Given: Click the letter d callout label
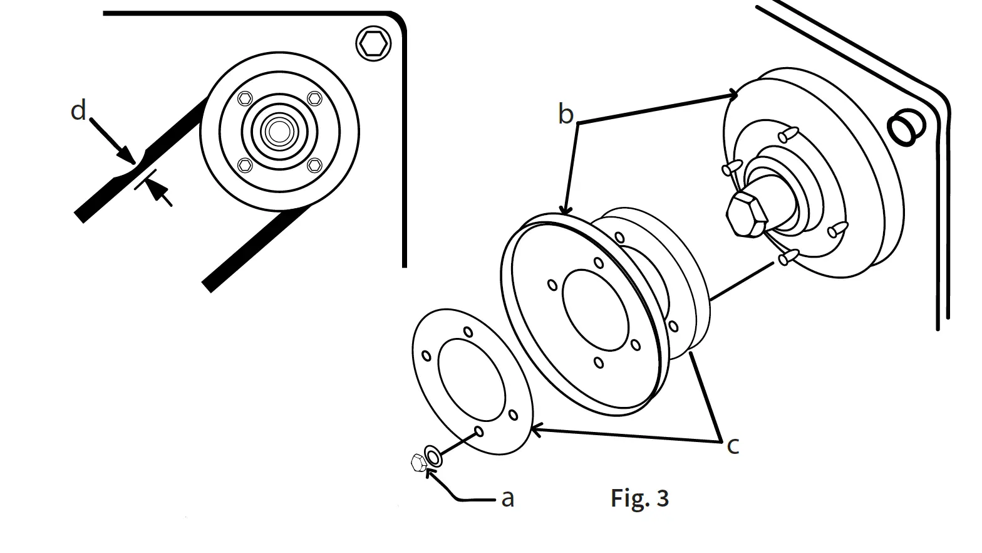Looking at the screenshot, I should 78,111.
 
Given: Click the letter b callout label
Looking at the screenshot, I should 566,115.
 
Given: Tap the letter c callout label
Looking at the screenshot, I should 733,446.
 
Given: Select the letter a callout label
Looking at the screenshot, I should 508,498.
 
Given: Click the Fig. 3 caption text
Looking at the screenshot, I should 639,498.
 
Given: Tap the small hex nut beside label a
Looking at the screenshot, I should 418,463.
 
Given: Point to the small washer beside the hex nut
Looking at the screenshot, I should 433,456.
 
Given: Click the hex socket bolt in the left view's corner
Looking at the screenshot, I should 373,44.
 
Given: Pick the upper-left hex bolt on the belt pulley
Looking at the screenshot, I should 246,98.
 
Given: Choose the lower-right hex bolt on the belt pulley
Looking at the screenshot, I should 314,165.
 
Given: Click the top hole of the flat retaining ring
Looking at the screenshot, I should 467,332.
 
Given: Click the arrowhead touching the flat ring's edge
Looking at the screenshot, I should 534,430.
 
